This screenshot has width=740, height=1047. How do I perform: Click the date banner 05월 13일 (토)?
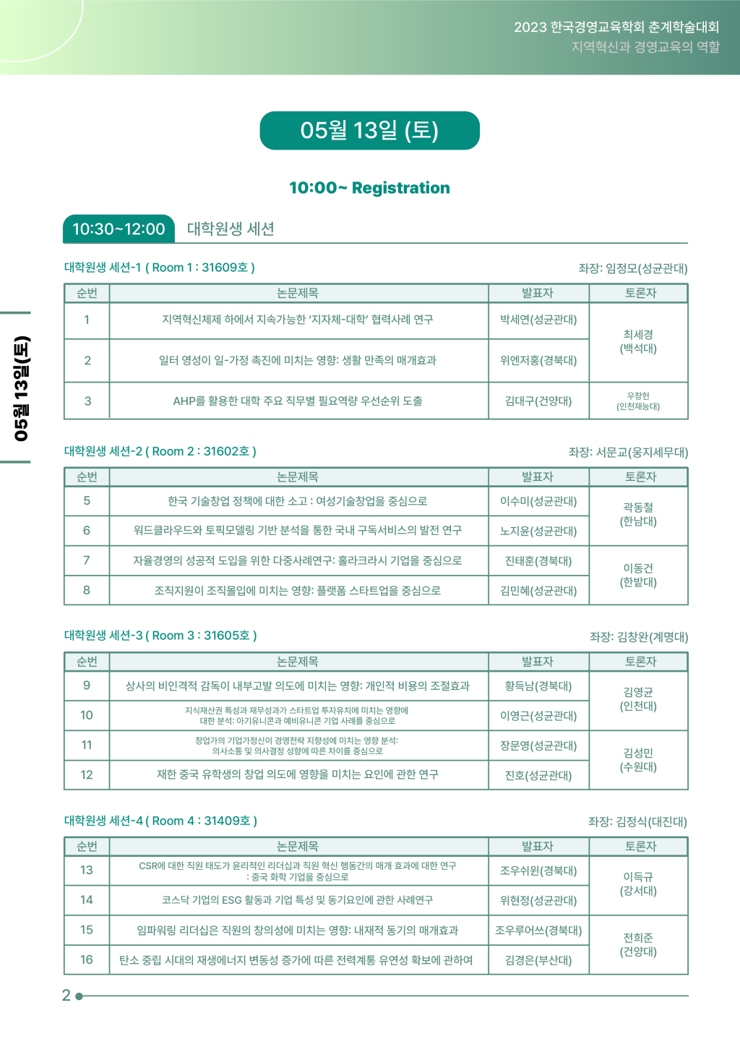click(369, 131)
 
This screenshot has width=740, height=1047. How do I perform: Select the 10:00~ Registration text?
click(369, 188)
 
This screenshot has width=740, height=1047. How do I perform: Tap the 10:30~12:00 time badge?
click(119, 229)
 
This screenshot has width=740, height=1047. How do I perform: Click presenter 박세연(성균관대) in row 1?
click(538, 320)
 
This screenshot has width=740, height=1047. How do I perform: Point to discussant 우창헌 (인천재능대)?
click(638, 401)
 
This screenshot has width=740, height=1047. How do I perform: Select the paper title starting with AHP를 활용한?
click(298, 401)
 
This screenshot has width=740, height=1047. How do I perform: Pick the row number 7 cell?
click(87, 560)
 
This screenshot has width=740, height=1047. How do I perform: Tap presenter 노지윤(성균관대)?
click(538, 531)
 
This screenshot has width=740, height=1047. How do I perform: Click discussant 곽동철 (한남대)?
click(638, 515)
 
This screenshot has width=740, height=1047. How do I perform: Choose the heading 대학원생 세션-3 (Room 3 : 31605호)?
click(160, 636)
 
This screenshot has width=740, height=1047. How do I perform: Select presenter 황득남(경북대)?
click(538, 686)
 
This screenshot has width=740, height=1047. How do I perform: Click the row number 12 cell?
click(87, 775)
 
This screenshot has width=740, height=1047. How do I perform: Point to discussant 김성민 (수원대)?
click(638, 760)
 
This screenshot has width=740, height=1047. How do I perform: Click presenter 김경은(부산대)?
click(538, 960)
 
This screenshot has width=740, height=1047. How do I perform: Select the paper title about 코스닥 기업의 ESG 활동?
click(298, 900)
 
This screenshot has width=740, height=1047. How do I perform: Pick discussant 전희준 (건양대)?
click(638, 944)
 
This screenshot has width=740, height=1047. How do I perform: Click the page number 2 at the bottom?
click(66, 996)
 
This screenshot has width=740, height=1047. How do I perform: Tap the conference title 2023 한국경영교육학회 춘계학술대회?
click(616, 27)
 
